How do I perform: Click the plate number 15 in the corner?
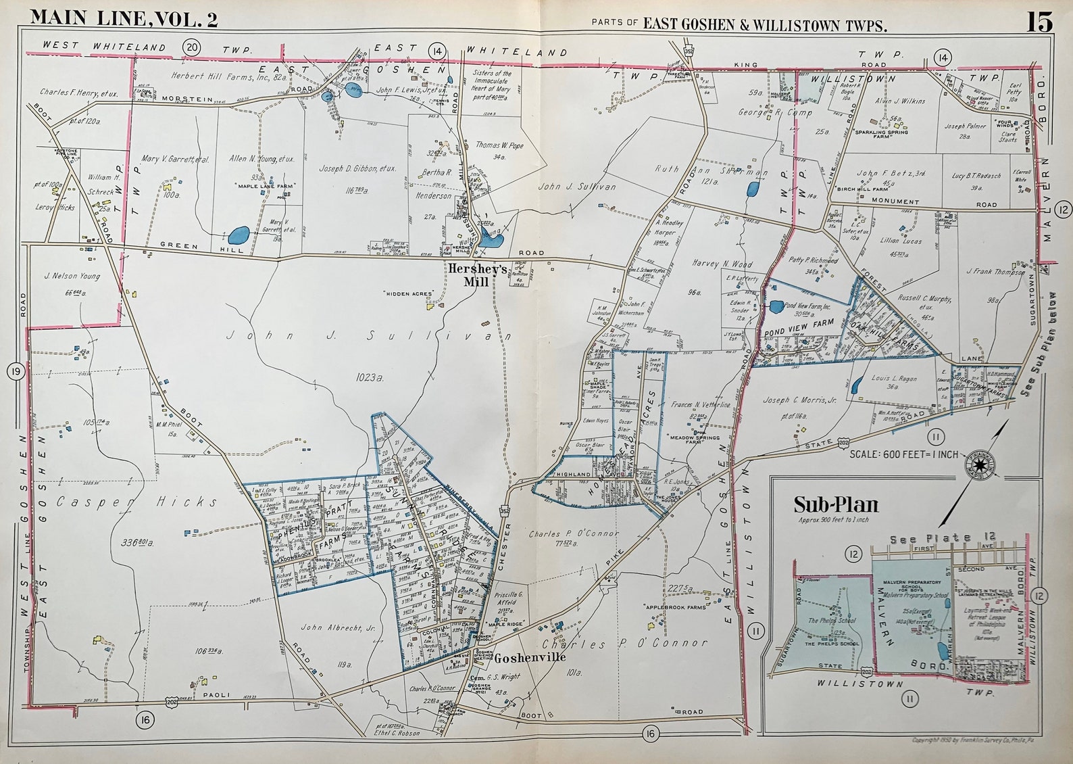pos(1040,22)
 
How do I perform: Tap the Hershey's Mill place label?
pos(477,274)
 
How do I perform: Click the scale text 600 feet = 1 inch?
pos(904,454)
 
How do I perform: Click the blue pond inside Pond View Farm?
pos(776,306)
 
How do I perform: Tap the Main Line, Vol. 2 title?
pos(124,18)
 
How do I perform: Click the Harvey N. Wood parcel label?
pos(722,264)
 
